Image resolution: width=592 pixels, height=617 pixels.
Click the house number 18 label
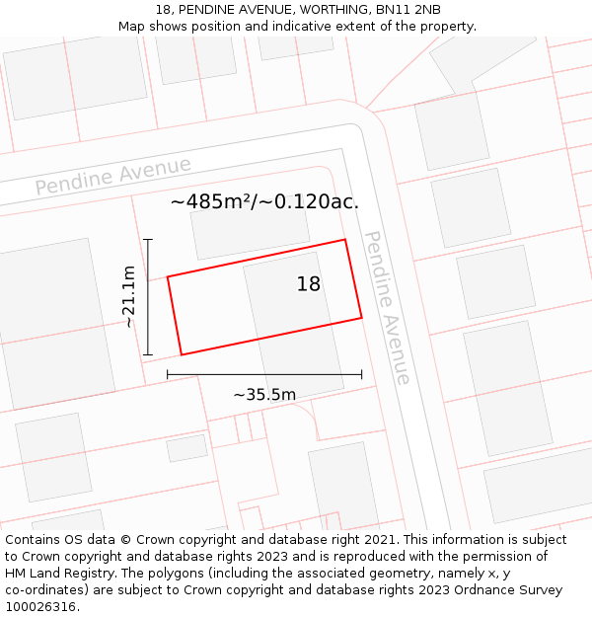[309, 284]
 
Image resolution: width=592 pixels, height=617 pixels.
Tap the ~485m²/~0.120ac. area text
[264, 202]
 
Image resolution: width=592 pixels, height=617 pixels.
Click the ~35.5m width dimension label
[264, 395]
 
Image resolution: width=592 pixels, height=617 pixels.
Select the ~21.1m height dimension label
[128, 296]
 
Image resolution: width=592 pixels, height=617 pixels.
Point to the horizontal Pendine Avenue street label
[113, 177]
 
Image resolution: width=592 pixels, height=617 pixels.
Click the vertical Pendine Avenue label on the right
[387, 307]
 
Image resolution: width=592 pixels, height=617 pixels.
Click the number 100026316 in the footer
[40, 607]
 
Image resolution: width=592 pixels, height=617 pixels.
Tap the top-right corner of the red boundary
[344, 240]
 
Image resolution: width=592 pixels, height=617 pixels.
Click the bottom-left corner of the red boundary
[182, 354]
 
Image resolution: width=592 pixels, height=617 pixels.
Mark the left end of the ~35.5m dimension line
[168, 374]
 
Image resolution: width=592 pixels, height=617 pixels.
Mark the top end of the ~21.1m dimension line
[148, 239]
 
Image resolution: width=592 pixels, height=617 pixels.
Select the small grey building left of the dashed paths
[186, 448]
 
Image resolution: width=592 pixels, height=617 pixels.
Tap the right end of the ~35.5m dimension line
[361, 374]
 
